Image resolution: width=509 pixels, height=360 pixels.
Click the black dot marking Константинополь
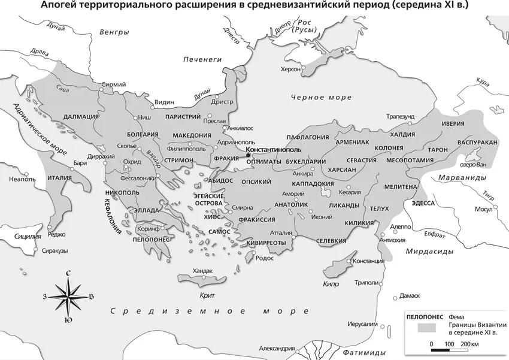(x=248, y=156)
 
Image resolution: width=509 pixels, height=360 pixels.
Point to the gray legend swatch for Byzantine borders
(x=426, y=327)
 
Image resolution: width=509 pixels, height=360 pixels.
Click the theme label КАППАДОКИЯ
(x=313, y=183)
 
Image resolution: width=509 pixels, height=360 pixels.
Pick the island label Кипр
(x=331, y=284)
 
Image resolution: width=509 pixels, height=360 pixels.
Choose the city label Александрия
(x=276, y=349)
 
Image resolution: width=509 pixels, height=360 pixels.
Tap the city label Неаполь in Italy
(x=23, y=179)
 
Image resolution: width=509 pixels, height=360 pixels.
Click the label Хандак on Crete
(x=203, y=271)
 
